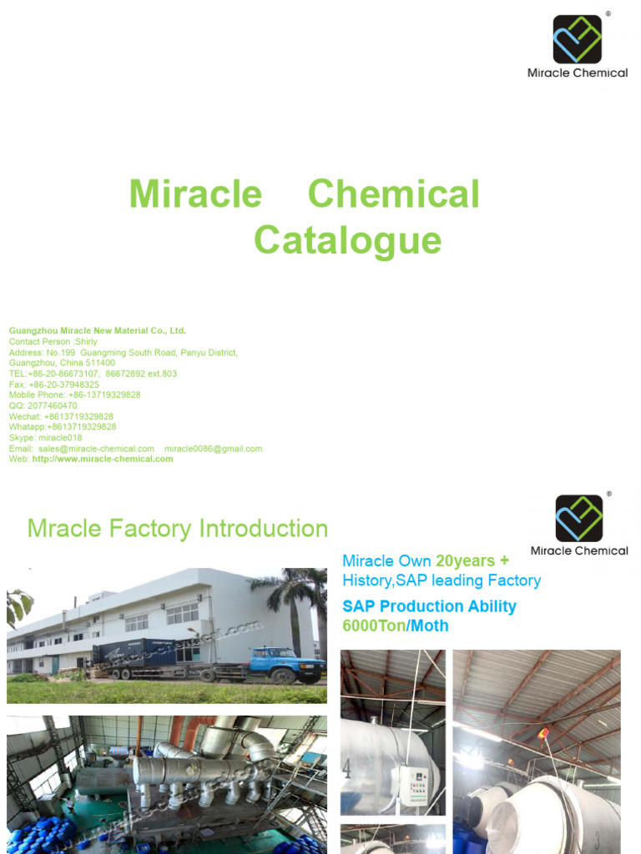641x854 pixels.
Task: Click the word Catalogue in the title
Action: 347,240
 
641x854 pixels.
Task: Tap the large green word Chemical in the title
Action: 393,194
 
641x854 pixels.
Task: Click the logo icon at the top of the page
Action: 577,39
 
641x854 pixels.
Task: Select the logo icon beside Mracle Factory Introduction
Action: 579,518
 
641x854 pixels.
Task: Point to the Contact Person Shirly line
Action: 53,342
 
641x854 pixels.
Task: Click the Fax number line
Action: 54,384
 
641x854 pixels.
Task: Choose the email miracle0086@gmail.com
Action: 213,449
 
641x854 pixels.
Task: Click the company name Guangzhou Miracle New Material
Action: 97,331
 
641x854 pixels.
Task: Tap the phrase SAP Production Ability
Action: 429,606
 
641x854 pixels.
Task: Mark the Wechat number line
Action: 61,416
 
